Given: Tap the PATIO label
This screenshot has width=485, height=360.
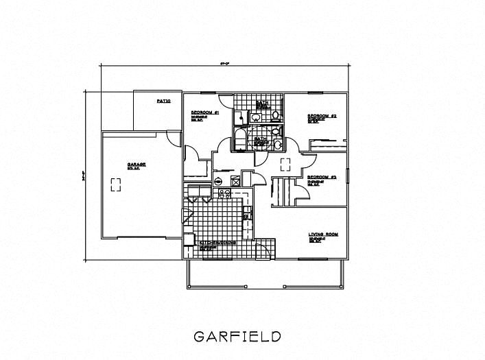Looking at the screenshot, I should [x=163, y=101].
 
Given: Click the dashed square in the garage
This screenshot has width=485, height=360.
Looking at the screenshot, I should [x=115, y=183].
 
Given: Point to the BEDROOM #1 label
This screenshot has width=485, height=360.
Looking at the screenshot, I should [x=204, y=112].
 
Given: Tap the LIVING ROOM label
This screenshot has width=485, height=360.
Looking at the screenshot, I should [x=323, y=235].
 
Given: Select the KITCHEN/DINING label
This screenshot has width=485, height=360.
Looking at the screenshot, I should [x=218, y=243].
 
